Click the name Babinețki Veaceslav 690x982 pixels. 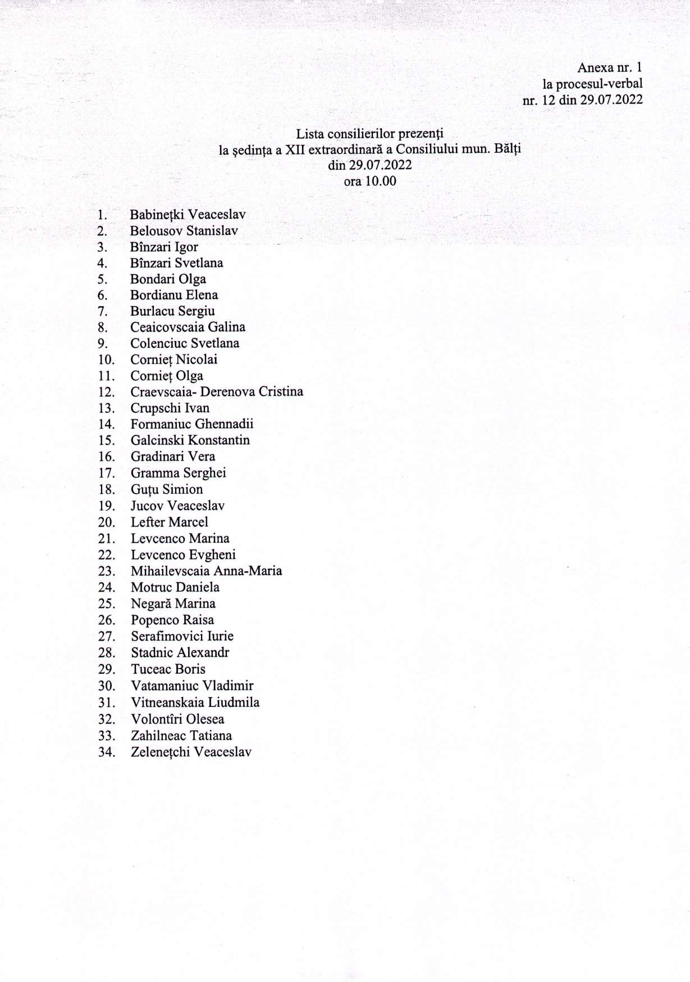click(188, 215)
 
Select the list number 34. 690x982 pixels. click(107, 752)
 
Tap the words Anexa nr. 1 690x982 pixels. click(610, 68)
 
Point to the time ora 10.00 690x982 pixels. click(369, 181)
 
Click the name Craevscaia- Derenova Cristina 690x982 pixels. click(217, 392)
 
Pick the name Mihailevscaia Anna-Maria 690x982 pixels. click(206, 571)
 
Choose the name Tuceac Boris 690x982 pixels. click(168, 669)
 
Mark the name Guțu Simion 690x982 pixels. click(167, 489)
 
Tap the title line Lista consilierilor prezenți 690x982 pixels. click(369, 134)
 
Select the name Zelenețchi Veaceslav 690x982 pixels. click(191, 752)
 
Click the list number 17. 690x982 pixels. click(107, 473)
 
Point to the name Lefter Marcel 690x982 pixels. click(169, 522)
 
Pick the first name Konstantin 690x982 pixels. click(219, 440)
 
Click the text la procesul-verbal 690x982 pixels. click(592, 84)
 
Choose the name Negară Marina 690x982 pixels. click(173, 604)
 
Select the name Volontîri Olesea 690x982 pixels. click(177, 719)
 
